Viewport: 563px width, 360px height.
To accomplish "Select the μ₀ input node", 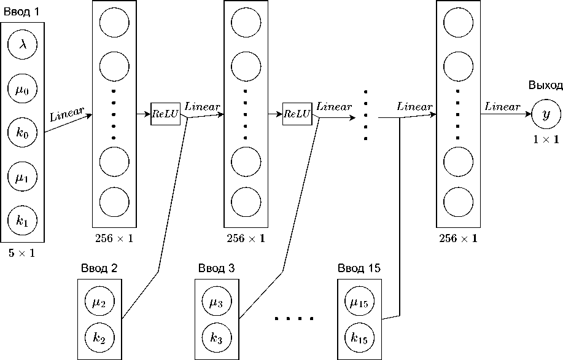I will coord(22,89).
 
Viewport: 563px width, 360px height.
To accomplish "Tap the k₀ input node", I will coord(22,133).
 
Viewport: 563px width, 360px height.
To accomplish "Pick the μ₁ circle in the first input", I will coord(22,178).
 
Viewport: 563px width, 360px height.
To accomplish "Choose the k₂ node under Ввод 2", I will coord(99,337).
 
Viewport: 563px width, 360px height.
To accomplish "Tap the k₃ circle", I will coord(217,337).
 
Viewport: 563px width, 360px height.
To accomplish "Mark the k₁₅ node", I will coord(359,337).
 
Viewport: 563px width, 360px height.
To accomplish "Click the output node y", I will coord(546,114).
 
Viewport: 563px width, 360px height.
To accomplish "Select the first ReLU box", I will coord(166,114).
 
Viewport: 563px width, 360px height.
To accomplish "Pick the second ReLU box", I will coord(297,114).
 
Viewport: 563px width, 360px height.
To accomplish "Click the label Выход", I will coord(545,86).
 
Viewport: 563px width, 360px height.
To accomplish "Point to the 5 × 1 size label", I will coord(21,252).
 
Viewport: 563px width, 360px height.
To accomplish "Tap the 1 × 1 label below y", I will coord(545,140).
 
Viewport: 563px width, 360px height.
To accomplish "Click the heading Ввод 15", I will coord(359,268).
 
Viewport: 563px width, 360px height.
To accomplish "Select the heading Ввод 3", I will coord(216,268).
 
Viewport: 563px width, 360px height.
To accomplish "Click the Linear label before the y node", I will coord(502,106).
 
